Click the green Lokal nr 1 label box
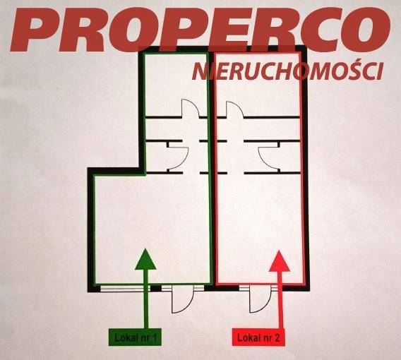coord(135,337)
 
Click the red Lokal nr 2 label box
coord(258,337)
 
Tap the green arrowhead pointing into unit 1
coord(145,259)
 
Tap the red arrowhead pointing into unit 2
coord(280,261)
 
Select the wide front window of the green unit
coord(126,289)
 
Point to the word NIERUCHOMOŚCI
coord(288,71)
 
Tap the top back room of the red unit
coord(258,85)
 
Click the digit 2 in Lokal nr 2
coord(277,338)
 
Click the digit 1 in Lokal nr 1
coord(154,338)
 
